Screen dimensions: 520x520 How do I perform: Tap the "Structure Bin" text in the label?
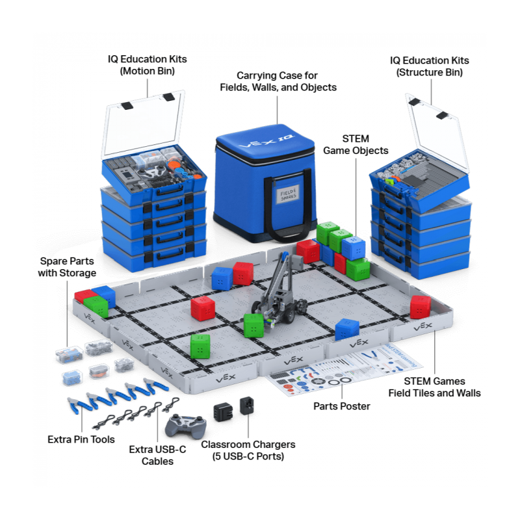pos(430,73)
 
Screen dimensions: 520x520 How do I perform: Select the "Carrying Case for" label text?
pos(277,75)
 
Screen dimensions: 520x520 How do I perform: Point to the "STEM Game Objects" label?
pos(356,145)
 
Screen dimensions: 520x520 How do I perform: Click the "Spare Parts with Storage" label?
pos(67,267)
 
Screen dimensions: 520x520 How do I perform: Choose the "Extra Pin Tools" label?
pos(81,439)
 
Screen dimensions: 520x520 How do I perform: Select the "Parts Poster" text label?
pos(342,406)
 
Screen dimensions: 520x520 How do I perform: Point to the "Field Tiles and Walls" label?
pos(434,393)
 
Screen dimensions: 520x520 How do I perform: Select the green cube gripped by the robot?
pos(253,324)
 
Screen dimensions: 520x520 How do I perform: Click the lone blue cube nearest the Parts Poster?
pos(347,330)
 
